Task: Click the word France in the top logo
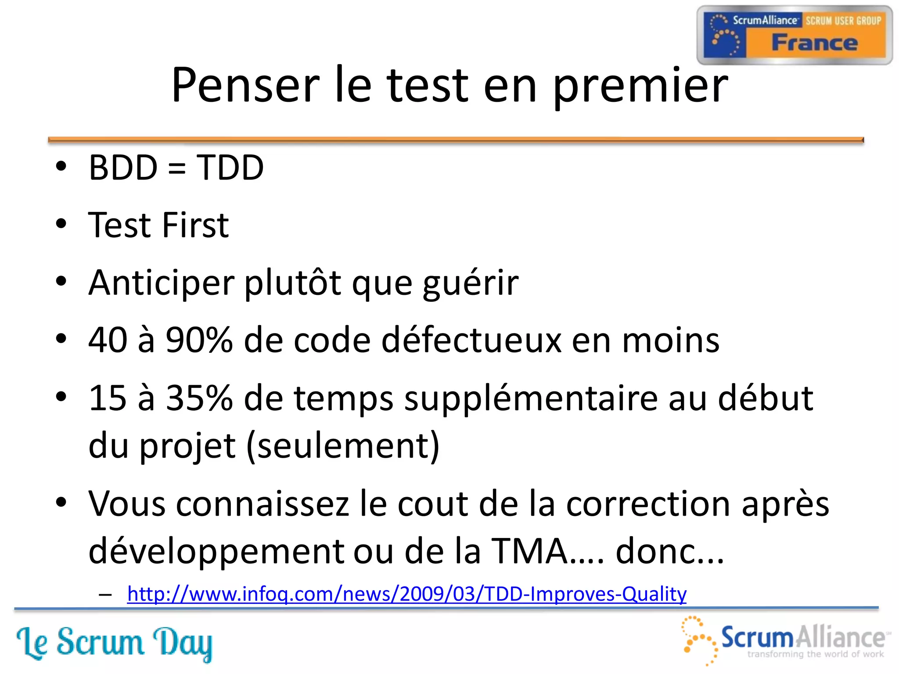[814, 43]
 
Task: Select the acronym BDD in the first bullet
[123, 168]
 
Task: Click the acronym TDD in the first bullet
[230, 168]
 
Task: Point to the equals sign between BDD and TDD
[176, 168]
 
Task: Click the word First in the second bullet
[195, 225]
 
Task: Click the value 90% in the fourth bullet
[199, 341]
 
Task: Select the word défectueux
[471, 341]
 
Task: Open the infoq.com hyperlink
[406, 594]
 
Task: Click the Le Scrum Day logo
[114, 642]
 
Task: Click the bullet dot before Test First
[61, 224]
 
